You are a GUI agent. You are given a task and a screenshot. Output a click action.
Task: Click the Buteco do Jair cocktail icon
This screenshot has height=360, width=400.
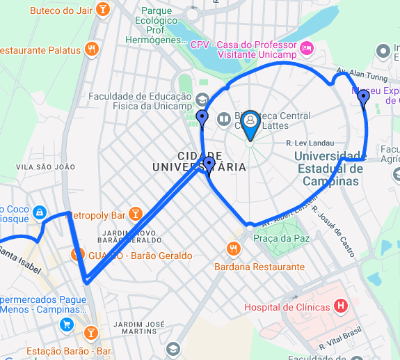pos(103,10)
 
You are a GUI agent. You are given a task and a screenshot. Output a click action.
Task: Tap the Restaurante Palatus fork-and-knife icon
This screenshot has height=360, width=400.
pos(91,49)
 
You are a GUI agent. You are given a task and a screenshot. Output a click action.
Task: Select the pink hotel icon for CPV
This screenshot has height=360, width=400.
pos(307,49)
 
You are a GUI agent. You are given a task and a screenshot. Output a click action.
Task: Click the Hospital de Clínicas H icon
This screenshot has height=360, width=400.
pos(340,305)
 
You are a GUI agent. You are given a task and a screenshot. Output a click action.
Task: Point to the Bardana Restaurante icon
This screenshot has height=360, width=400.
pos(234,248)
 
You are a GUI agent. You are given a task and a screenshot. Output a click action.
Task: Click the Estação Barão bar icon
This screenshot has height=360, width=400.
pos(90,332)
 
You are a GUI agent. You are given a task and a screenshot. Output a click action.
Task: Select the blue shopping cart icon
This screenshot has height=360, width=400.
pos(67,324)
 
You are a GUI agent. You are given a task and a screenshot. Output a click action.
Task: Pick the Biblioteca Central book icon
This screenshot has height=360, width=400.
pos(224,119)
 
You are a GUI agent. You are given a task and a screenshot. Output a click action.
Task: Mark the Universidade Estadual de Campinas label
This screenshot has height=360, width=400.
pos(330,169)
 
